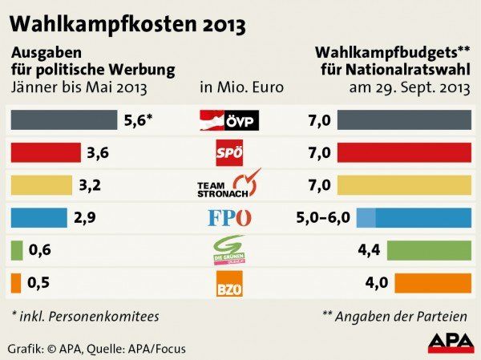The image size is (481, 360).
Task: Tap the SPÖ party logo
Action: pyautogui.click(x=229, y=152)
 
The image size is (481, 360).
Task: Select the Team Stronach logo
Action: pyautogui.click(x=229, y=184)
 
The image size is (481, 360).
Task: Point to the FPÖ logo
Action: pyautogui.click(x=229, y=217)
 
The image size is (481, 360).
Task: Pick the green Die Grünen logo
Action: pyautogui.click(x=229, y=250)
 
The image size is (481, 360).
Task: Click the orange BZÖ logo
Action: pyautogui.click(x=229, y=283)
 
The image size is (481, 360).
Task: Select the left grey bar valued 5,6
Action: pyautogui.click(x=63, y=120)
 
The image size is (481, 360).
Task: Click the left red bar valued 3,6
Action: pyautogui.click(x=46, y=152)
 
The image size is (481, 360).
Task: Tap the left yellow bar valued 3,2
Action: pyautogui.click(x=42, y=185)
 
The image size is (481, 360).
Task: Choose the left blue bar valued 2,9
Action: pyautogui.click(x=39, y=217)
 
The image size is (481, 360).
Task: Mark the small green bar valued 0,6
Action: pyautogui.click(x=17, y=250)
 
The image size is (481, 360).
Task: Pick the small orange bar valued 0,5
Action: pyautogui.click(x=16, y=283)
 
